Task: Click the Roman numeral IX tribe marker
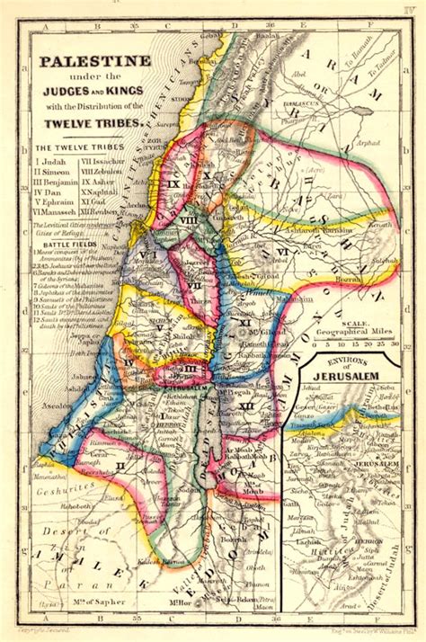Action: [173, 183]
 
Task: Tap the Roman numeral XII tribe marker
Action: [247, 407]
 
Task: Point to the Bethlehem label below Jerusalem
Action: [175, 397]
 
